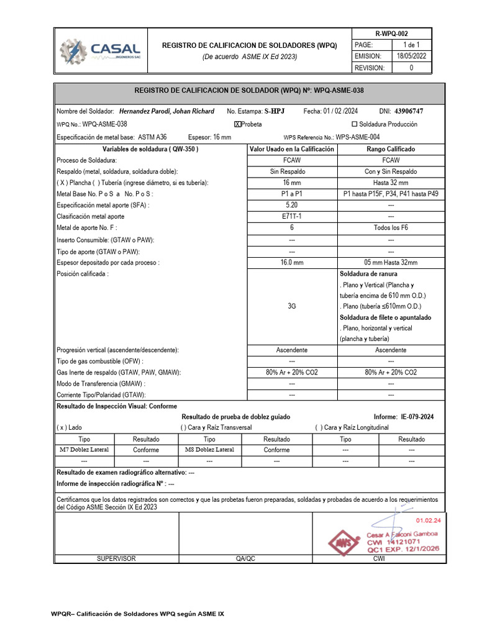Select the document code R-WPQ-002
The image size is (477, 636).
click(392, 34)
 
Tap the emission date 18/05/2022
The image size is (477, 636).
click(411, 57)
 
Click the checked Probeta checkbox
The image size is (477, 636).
click(237, 124)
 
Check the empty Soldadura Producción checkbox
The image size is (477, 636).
click(355, 124)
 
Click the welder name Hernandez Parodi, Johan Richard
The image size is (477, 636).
click(166, 111)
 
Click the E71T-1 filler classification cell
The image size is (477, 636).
click(291, 217)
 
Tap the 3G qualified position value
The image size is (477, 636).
click(291, 306)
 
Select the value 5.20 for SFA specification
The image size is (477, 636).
click(291, 205)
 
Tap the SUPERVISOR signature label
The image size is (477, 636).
click(116, 559)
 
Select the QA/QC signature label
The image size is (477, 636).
click(245, 559)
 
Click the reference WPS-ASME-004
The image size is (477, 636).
click(358, 137)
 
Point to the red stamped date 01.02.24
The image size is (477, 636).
click(428, 520)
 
